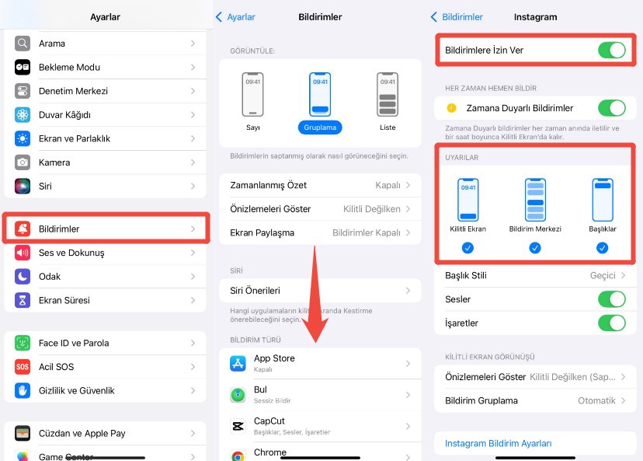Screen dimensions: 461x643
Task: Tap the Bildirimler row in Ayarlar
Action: (x=106, y=229)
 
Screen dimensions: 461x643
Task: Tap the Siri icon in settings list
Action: (x=23, y=187)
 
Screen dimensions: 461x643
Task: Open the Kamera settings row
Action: (x=106, y=162)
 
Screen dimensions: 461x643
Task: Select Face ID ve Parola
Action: (x=106, y=343)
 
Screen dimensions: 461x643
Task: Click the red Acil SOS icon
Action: (x=23, y=367)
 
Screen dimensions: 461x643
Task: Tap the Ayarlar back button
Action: (x=235, y=17)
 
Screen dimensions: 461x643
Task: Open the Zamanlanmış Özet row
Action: (x=320, y=185)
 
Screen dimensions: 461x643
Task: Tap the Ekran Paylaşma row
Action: (x=320, y=232)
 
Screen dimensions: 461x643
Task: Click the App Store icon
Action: (x=238, y=362)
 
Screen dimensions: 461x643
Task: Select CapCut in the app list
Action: (x=320, y=425)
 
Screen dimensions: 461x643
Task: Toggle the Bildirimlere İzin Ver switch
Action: (x=611, y=51)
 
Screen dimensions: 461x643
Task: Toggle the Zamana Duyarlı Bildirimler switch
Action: (x=611, y=108)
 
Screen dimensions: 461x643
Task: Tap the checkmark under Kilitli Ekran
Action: (x=467, y=248)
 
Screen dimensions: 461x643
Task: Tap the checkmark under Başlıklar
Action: (x=603, y=248)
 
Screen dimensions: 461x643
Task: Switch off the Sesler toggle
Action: (x=611, y=299)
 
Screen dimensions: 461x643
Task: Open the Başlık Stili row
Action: (x=535, y=275)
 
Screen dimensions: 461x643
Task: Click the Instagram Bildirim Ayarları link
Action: (x=498, y=443)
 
